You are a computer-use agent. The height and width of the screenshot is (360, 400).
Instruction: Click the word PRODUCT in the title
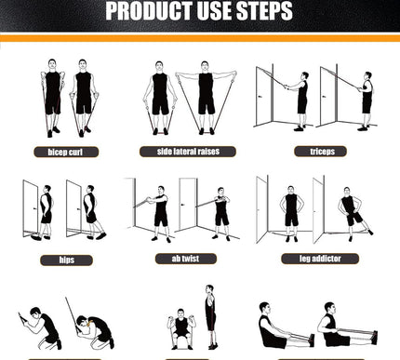pyautogui.click(x=149, y=11)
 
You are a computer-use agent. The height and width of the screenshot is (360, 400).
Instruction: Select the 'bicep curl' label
pyautogui.click(x=66, y=152)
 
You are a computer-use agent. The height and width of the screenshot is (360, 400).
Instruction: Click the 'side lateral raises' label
pyautogui.click(x=188, y=152)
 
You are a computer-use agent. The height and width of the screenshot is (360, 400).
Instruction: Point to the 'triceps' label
pyautogui.click(x=320, y=152)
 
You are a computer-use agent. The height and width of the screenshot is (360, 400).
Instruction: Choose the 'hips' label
pyautogui.click(x=66, y=260)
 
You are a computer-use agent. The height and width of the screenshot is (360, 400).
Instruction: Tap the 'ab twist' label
pyautogui.click(x=186, y=259)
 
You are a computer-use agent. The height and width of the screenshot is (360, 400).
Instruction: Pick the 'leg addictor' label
pyautogui.click(x=320, y=259)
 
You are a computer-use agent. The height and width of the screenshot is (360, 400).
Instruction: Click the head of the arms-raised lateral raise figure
pyautogui.click(x=205, y=66)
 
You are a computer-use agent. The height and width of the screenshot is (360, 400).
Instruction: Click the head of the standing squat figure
pyautogui.click(x=210, y=290)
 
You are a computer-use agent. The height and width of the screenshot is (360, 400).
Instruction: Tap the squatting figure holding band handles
pyautogui.click(x=181, y=328)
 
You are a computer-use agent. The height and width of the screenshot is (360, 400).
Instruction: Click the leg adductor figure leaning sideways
pyautogui.click(x=354, y=214)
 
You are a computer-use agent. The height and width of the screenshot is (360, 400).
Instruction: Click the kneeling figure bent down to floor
pyautogui.click(x=95, y=332)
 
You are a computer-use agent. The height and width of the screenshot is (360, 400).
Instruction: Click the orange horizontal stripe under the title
pyautogui.click(x=200, y=38)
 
